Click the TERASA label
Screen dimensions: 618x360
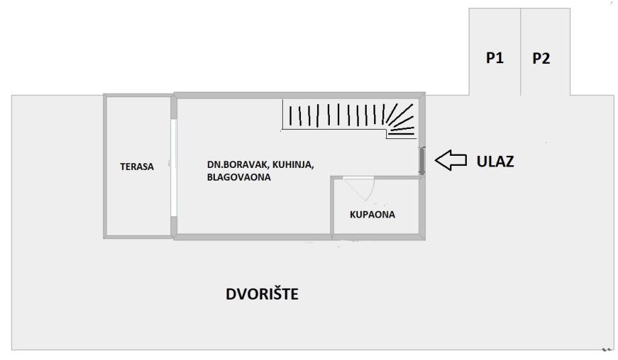pos(137,167)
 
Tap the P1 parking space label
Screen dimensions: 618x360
pos(495,58)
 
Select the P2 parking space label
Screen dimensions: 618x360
pos(541,58)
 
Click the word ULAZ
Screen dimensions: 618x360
pos(495,161)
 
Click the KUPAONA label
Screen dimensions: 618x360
pos(372,215)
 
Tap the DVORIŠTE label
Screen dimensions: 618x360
pos(262,294)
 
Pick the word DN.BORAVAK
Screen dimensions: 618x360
pos(233,165)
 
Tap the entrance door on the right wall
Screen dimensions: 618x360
pos(422,161)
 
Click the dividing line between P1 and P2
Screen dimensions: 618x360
pos(521,51)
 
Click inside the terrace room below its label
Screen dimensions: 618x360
pos(137,201)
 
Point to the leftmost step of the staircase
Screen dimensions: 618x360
pos(290,116)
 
